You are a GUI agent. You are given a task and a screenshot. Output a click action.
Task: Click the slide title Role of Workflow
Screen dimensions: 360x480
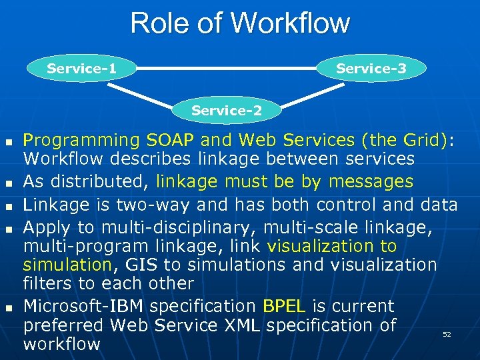pyautogui.click(x=240, y=23)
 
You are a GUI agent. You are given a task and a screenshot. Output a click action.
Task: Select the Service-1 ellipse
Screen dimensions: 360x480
pyautogui.click(x=82, y=69)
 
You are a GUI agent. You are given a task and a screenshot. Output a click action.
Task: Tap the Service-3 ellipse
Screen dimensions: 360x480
pyautogui.click(x=371, y=69)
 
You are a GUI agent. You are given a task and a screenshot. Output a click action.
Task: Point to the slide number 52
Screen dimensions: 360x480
pyautogui.click(x=447, y=334)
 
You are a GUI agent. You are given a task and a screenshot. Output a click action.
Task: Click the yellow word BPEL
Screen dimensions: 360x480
pyautogui.click(x=284, y=307)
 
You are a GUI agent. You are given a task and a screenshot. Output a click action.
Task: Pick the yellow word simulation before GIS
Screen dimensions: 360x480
pyautogui.click(x=67, y=265)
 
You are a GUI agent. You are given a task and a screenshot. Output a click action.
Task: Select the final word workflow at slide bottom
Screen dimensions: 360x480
pyautogui.click(x=61, y=344)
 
